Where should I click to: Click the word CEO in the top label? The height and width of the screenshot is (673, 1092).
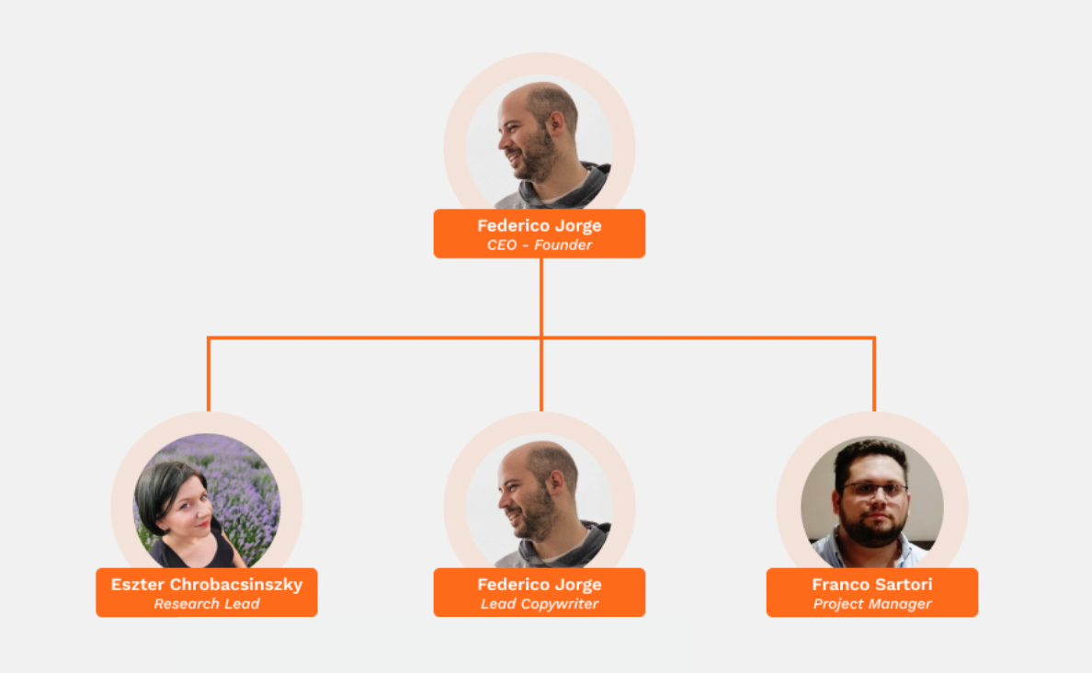tap(502, 245)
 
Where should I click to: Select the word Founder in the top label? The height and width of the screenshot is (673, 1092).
tap(563, 245)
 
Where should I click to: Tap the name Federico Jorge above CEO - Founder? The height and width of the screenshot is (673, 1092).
tap(539, 226)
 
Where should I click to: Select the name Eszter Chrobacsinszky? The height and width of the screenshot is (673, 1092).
tap(207, 585)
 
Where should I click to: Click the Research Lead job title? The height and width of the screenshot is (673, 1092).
tap(207, 604)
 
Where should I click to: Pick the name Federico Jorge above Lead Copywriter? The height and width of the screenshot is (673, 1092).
tap(539, 585)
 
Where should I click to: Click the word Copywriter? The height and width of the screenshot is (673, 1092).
tap(559, 604)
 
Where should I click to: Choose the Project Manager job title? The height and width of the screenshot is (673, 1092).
tap(872, 604)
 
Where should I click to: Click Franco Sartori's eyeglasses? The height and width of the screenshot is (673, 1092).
tap(875, 489)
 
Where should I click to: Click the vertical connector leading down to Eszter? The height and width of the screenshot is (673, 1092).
tap(209, 374)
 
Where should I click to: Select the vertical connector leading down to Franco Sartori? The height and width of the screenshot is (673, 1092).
tap(874, 374)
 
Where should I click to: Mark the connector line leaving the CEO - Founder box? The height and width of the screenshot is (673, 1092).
tap(541, 298)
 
